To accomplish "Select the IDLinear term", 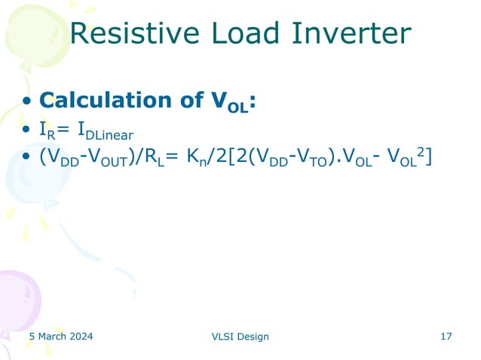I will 104,132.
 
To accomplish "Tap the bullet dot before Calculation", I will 27,102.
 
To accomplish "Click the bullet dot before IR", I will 27,131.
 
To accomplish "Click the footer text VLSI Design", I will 240,337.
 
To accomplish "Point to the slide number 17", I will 446,336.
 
